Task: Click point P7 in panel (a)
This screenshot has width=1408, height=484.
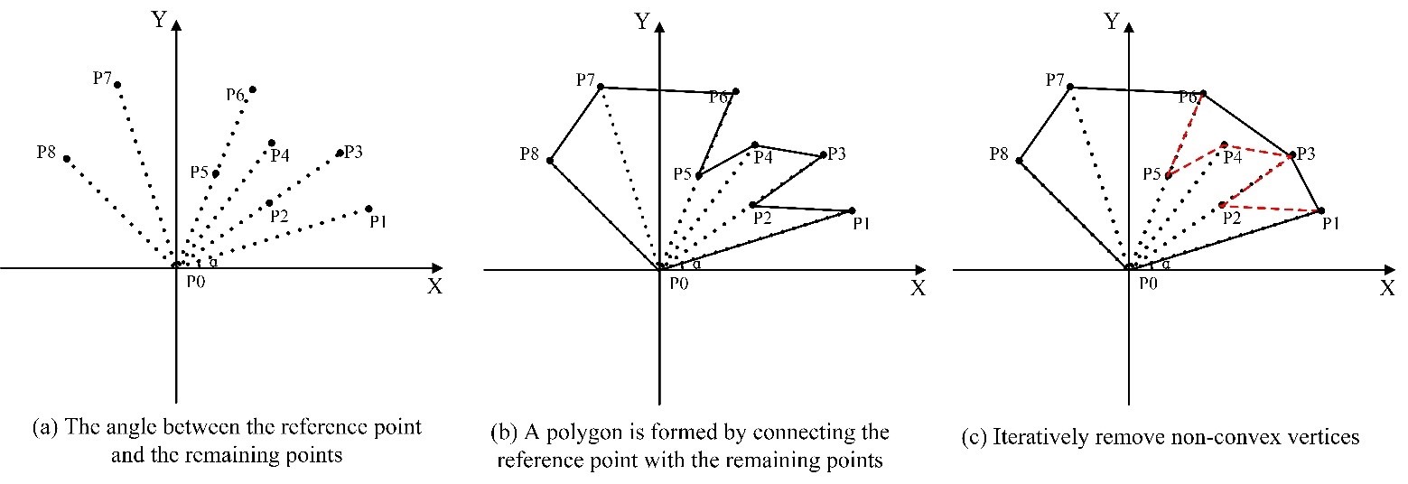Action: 117,85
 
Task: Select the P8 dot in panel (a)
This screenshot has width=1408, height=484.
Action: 67,159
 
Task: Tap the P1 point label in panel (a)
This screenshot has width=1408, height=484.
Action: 378,222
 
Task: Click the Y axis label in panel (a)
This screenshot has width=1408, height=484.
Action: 159,20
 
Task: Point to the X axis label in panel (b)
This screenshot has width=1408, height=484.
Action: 918,289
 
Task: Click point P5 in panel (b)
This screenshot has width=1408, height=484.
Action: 699,176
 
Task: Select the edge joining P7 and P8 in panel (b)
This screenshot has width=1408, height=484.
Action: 575,124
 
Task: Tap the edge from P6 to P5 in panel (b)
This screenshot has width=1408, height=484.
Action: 717,134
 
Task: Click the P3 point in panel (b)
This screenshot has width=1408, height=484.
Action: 824,155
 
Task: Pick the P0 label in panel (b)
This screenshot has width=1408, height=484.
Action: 679,284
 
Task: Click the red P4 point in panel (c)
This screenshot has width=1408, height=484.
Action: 1224,144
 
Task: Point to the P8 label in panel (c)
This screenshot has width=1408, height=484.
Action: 999,154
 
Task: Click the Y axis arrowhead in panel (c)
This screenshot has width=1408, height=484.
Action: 1129,27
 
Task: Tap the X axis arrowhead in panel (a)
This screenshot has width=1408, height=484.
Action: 437,268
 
